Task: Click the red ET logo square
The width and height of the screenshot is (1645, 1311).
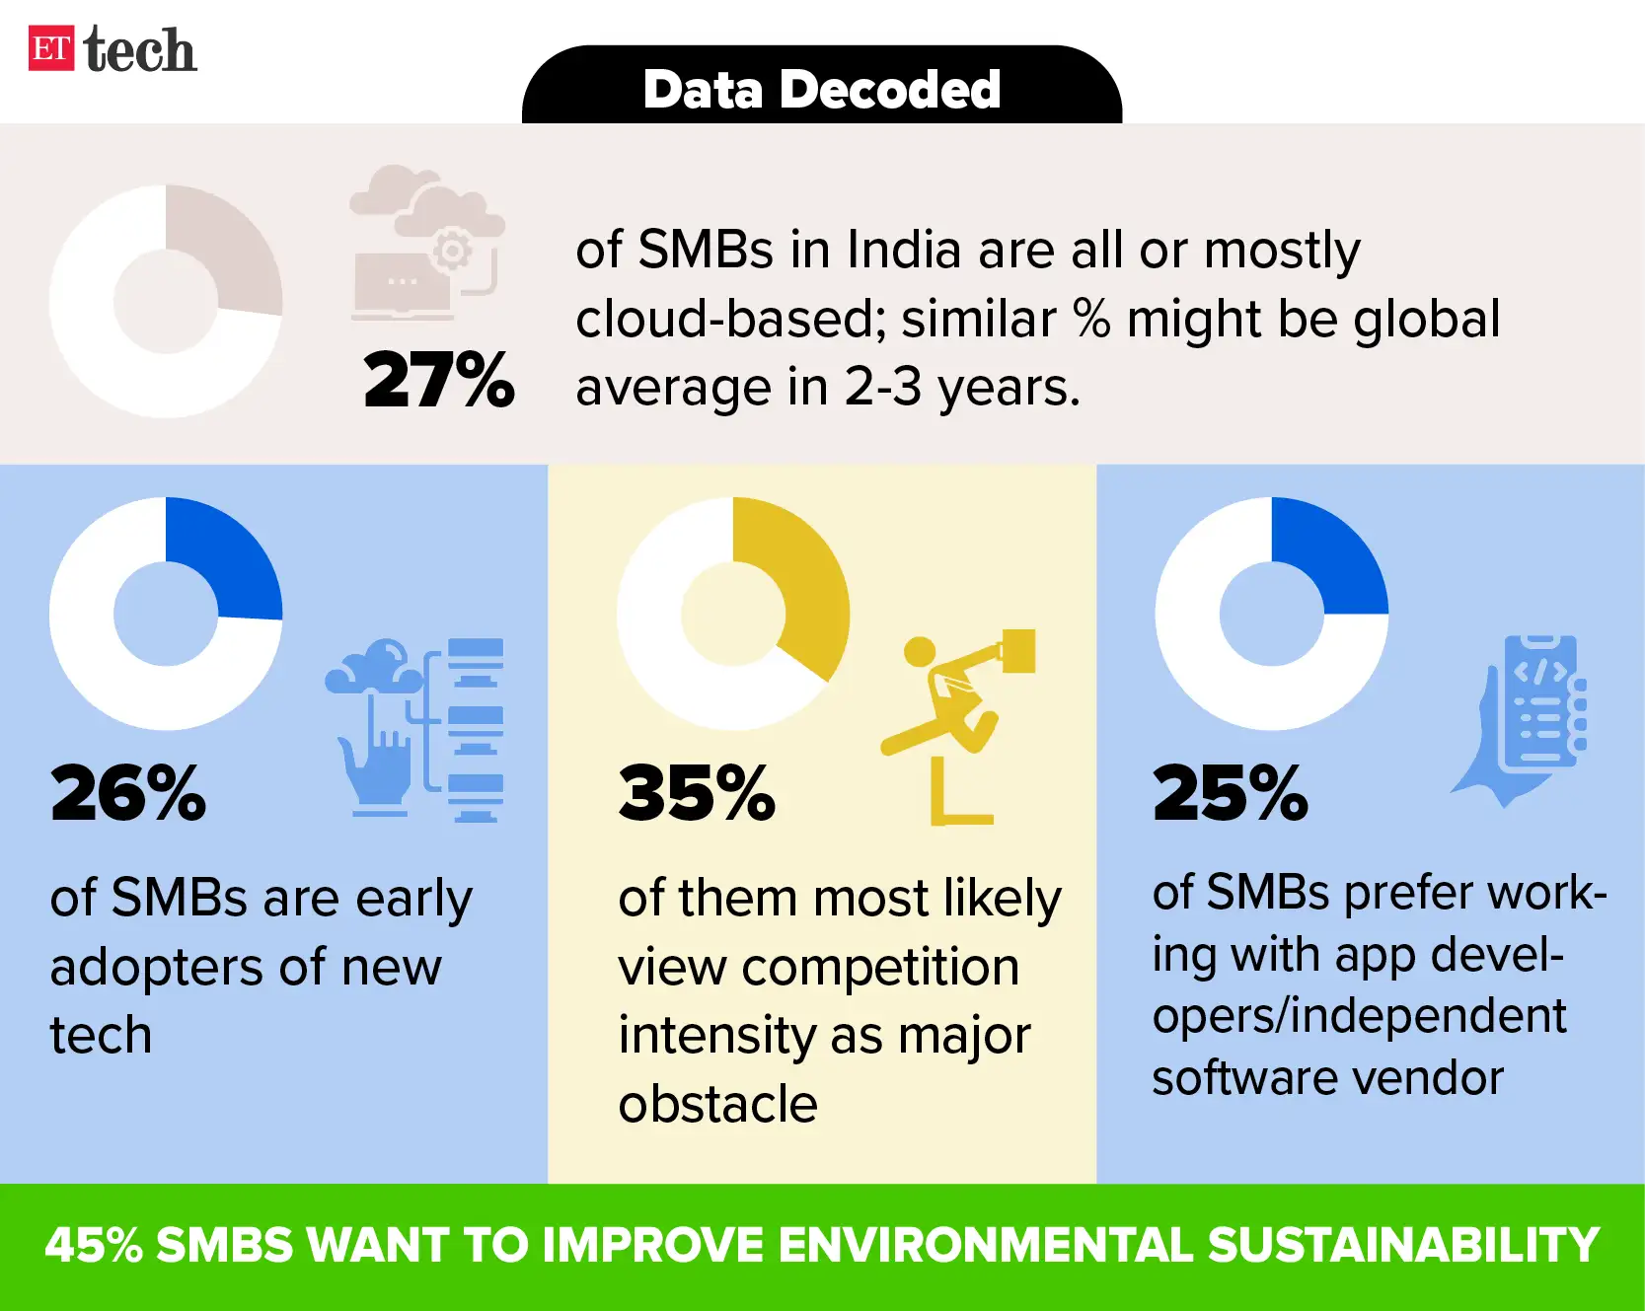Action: pos(51,49)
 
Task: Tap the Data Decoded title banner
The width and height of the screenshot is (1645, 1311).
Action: pos(821,89)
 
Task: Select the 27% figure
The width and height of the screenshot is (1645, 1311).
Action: pos(439,380)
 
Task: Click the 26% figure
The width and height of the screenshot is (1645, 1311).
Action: pos(128,793)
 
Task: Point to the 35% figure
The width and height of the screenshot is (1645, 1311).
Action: pos(697,793)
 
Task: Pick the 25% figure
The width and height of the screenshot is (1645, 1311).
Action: pos(1231,793)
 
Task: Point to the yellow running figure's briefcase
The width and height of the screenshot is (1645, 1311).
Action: pos(1019,651)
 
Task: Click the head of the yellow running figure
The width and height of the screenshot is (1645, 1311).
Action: pos(920,651)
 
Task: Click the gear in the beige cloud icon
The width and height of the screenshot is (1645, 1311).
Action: pos(453,251)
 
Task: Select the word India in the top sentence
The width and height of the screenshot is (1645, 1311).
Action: pos(903,250)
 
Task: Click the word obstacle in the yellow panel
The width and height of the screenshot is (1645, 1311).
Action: pos(717,1104)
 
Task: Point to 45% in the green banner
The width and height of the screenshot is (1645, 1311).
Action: pos(94,1245)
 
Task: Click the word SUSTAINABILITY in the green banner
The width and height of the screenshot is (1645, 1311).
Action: pos(1402,1245)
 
